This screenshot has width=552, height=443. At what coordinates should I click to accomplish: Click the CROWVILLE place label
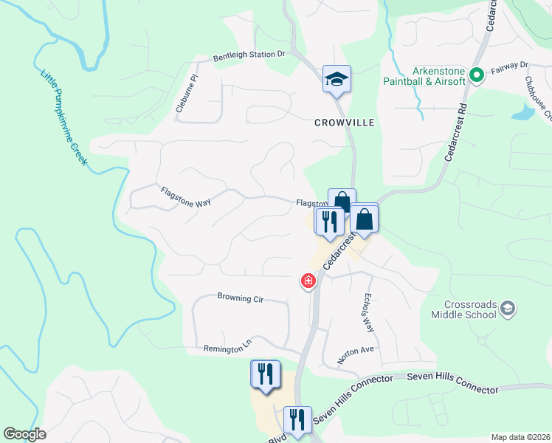click(344, 122)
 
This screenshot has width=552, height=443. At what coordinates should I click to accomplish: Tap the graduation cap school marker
click(337, 79)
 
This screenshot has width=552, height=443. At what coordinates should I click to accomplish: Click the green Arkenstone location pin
click(477, 74)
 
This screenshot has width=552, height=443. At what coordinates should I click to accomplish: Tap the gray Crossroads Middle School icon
click(507, 308)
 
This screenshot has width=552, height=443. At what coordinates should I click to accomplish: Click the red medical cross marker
click(308, 281)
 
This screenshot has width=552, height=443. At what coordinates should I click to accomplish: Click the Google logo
click(24, 434)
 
